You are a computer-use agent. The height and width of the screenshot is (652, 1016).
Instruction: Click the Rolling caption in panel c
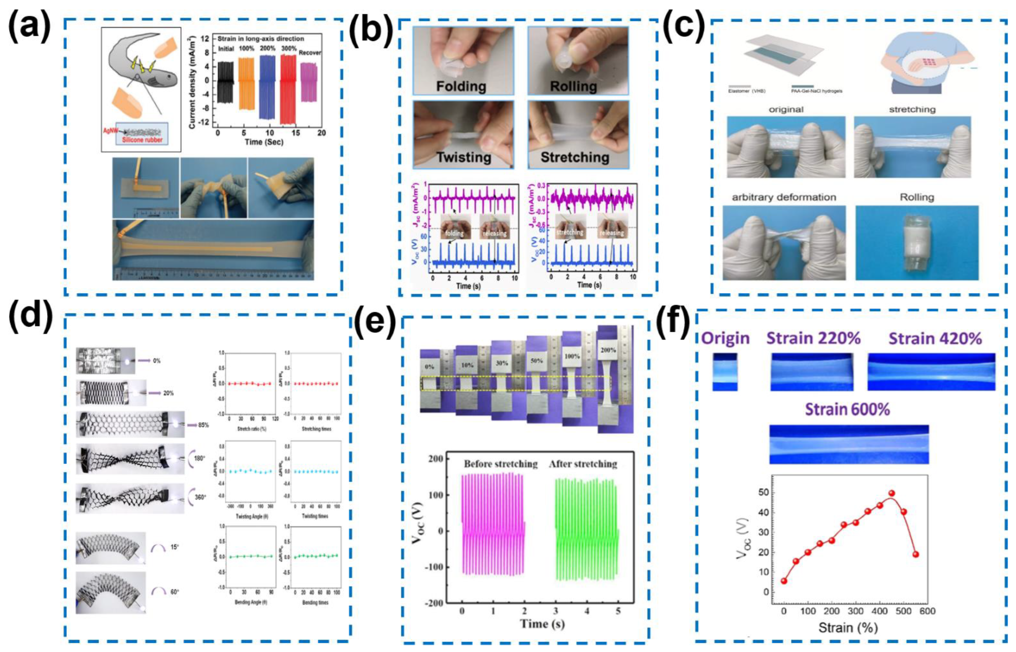coord(917,197)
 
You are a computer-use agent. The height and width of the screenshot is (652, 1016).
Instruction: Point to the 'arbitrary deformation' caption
coord(784,197)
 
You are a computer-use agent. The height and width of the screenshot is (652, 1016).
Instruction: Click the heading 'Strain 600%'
coord(847,410)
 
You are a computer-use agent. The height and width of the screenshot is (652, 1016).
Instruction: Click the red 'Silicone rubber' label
coord(146,140)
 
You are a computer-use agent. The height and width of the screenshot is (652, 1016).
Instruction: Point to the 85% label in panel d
coord(203,425)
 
